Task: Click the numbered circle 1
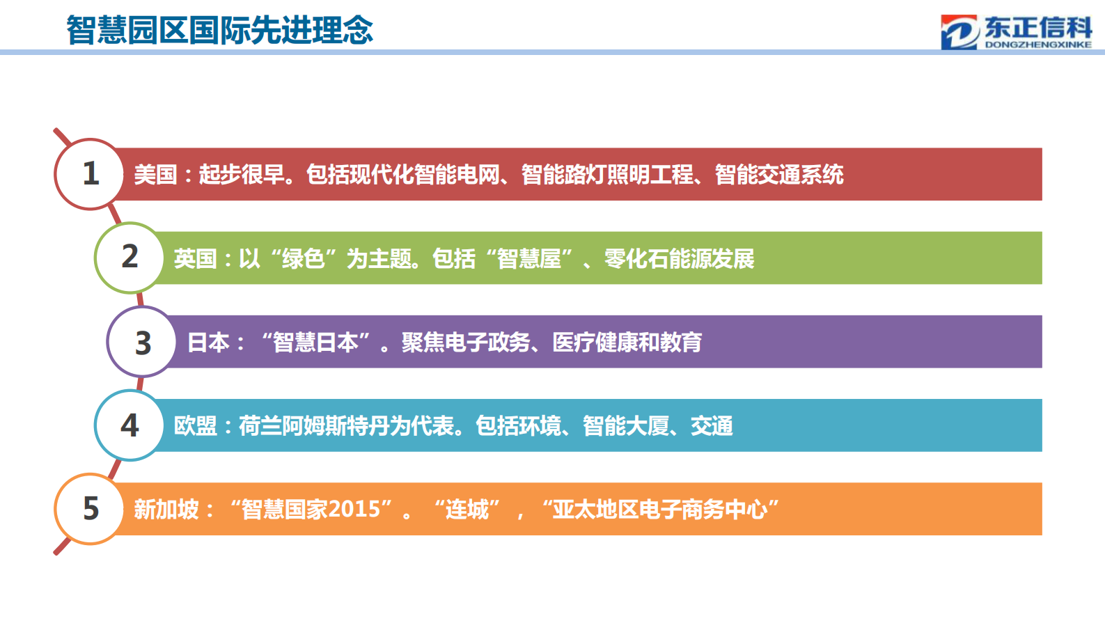pyautogui.click(x=90, y=174)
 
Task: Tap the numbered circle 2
pyautogui.click(x=130, y=258)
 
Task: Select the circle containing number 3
pyautogui.click(x=142, y=342)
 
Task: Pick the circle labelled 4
pyautogui.click(x=130, y=425)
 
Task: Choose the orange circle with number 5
pyautogui.click(x=90, y=509)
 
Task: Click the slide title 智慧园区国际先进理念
pyautogui.click(x=220, y=30)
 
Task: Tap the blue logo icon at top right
pyautogui.click(x=959, y=33)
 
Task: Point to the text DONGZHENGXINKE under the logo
pyautogui.click(x=1038, y=45)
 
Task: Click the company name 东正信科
pyautogui.click(x=1038, y=27)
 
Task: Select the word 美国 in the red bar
pyautogui.click(x=155, y=174)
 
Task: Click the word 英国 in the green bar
pyautogui.click(x=195, y=258)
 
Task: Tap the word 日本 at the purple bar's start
pyautogui.click(x=208, y=342)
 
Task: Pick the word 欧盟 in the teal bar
pyautogui.click(x=195, y=425)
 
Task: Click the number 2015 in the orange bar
pyautogui.click(x=354, y=510)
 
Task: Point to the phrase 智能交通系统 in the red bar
pyautogui.click(x=779, y=174)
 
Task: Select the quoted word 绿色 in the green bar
pyautogui.click(x=303, y=258)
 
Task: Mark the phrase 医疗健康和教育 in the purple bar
pyautogui.click(x=627, y=342)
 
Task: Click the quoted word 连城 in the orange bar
pyautogui.click(x=467, y=510)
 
